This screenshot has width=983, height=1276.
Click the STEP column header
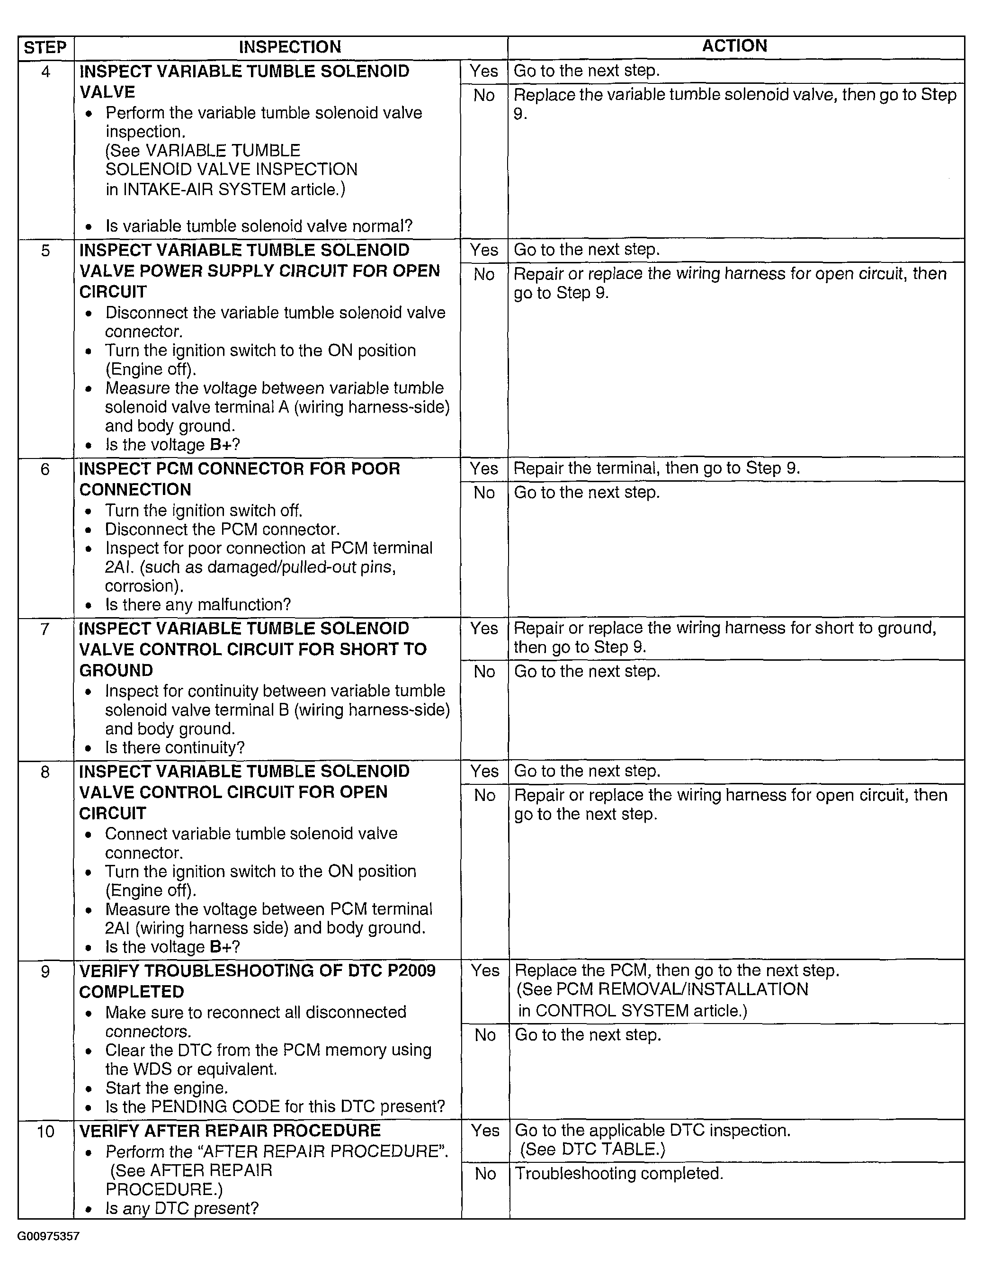coord(45,47)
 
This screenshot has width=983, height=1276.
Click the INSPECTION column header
coord(290,47)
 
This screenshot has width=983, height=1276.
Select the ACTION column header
coord(734,46)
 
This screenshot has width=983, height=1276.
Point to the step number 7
coord(45,629)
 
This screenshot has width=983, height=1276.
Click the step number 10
coord(45,1131)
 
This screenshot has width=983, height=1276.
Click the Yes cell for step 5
coord(484,250)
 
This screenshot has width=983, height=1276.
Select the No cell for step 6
coord(484,493)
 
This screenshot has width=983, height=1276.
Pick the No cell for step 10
coord(485,1174)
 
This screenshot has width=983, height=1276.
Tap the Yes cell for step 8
coord(484,771)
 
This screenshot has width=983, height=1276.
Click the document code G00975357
coord(48,1236)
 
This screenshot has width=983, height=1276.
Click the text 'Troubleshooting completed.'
coord(618,1174)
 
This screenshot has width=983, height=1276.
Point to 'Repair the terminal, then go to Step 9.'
coord(656,468)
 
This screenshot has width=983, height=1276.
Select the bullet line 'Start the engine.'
coord(167,1088)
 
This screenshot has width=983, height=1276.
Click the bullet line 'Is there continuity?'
coord(175,748)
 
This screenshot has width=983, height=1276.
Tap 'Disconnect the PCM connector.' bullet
coord(222,530)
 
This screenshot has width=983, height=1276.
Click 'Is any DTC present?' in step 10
coord(182,1208)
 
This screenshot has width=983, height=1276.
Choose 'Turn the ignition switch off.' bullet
coord(204,511)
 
